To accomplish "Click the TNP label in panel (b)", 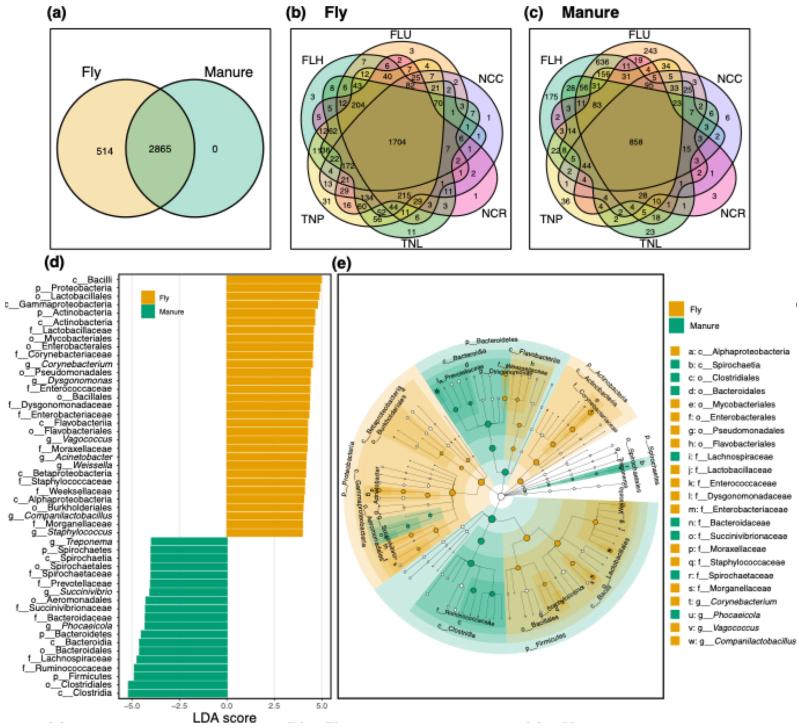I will tap(313, 219).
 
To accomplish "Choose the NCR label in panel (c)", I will tap(732, 213).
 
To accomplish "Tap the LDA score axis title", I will tap(224, 718).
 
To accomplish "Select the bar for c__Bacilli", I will tap(274, 280).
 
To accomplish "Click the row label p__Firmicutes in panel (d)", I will tap(83, 676).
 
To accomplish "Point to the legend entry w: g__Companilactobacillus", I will tap(741, 641).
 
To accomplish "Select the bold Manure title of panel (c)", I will tap(590, 13).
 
